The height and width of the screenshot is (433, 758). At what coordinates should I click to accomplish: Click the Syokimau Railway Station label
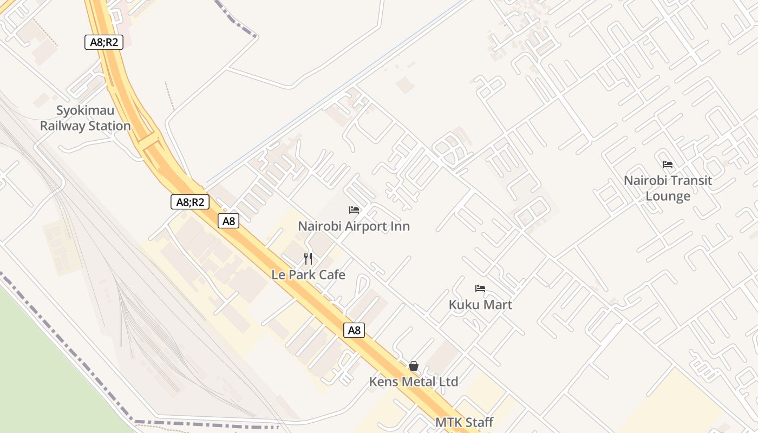tap(86, 119)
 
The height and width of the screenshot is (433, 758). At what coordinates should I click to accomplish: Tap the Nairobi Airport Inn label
tap(354, 226)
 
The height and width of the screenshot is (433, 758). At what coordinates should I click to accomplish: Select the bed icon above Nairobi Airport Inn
tap(354, 210)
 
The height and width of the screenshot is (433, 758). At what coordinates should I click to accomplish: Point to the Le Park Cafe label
tap(308, 275)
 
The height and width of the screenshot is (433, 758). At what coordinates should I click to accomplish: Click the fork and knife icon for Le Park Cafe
tap(308, 259)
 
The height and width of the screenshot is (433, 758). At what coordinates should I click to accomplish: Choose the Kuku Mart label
tap(480, 305)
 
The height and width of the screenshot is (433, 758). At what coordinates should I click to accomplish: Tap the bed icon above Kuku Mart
tap(480, 288)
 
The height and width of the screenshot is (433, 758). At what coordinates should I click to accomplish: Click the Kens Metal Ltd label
tap(414, 382)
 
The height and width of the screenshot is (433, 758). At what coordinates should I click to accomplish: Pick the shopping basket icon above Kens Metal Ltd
tap(414, 366)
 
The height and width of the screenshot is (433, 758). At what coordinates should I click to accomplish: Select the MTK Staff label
tap(465, 422)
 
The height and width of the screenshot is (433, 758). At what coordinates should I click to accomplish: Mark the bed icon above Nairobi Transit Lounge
tap(668, 165)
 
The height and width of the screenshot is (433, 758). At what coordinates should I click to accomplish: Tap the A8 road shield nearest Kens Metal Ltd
tap(354, 330)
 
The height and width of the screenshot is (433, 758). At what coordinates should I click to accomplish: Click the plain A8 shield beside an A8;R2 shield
tap(229, 221)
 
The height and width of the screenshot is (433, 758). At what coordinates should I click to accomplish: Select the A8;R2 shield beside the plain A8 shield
tap(190, 202)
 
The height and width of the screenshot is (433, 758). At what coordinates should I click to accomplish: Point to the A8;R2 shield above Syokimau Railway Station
tap(104, 42)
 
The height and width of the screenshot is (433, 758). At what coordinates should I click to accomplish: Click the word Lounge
tap(668, 196)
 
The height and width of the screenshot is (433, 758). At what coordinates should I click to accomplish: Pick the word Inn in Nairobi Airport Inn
tap(401, 226)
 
